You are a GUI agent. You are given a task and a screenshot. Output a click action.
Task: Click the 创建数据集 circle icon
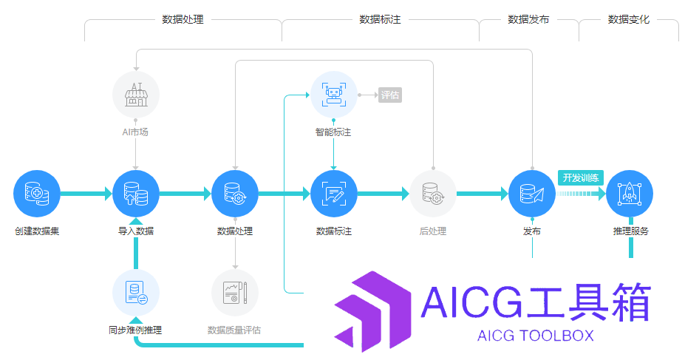[37, 194]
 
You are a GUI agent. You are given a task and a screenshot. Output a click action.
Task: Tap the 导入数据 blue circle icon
[136, 194]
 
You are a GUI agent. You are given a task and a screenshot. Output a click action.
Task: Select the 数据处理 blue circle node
[235, 194]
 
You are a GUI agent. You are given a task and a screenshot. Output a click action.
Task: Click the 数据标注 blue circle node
[334, 194]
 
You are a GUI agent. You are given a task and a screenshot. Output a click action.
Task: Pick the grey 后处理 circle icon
[433, 194]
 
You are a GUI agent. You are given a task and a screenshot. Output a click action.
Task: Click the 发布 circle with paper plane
[532, 194]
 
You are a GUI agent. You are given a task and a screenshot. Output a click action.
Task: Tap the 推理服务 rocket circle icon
[630, 194]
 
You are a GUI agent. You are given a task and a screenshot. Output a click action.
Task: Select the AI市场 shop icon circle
[136, 95]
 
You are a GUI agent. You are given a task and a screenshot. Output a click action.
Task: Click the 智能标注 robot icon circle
[334, 95]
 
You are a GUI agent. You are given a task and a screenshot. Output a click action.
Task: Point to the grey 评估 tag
[390, 95]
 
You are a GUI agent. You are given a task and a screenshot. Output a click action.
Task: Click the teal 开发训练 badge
[581, 178]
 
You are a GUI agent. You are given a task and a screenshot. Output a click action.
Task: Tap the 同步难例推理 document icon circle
[136, 293]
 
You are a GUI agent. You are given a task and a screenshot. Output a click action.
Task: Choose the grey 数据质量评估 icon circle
[235, 293]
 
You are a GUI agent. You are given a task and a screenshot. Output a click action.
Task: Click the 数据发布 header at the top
[528, 19]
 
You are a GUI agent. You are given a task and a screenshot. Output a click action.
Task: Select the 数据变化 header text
[629, 19]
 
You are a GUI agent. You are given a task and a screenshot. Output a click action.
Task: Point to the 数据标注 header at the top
[380, 19]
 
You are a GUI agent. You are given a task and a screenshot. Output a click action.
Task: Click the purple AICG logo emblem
[372, 311]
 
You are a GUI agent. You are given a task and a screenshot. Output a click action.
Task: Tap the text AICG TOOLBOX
[536, 336]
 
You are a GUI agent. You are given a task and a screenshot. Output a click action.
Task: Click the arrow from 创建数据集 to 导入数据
[86, 194]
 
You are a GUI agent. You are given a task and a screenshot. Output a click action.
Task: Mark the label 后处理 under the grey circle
[433, 231]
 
